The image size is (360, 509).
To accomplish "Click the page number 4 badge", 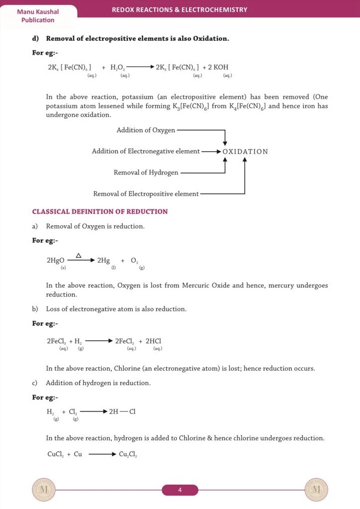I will coord(180,491).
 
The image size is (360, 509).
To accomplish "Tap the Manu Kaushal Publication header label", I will coord(38,16).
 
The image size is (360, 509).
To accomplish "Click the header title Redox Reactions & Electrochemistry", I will coord(180,9).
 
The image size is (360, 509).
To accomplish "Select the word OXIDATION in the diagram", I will coord(245,152).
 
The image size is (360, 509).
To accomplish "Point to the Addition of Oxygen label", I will coord(146,130).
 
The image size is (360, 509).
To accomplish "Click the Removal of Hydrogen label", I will coord(146,172).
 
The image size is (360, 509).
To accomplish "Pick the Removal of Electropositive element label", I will coord(146,194).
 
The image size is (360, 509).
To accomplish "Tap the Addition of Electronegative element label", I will coord(146,151).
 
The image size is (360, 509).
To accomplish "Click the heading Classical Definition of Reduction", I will coord(100,212).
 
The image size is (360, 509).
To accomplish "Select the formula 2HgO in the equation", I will coord(55,260).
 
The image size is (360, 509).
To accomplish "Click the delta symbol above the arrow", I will coord(79,255).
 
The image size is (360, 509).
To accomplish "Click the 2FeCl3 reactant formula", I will coord(57,341).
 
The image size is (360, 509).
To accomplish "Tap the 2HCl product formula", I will coord(153,341).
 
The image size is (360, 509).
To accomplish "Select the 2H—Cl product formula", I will coord(122,412).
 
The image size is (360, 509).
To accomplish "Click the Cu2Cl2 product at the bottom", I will coord(128,454).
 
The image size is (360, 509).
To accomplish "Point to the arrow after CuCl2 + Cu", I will coord(102,454).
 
